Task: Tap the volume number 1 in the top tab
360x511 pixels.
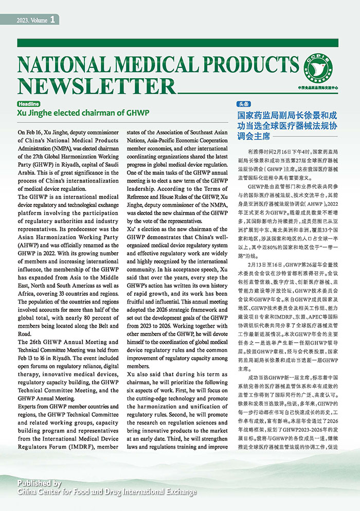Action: click(53, 20)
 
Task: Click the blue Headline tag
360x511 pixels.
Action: click(29, 103)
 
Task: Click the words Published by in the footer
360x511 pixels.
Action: click(39, 483)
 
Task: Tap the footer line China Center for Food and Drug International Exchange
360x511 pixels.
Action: click(107, 492)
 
